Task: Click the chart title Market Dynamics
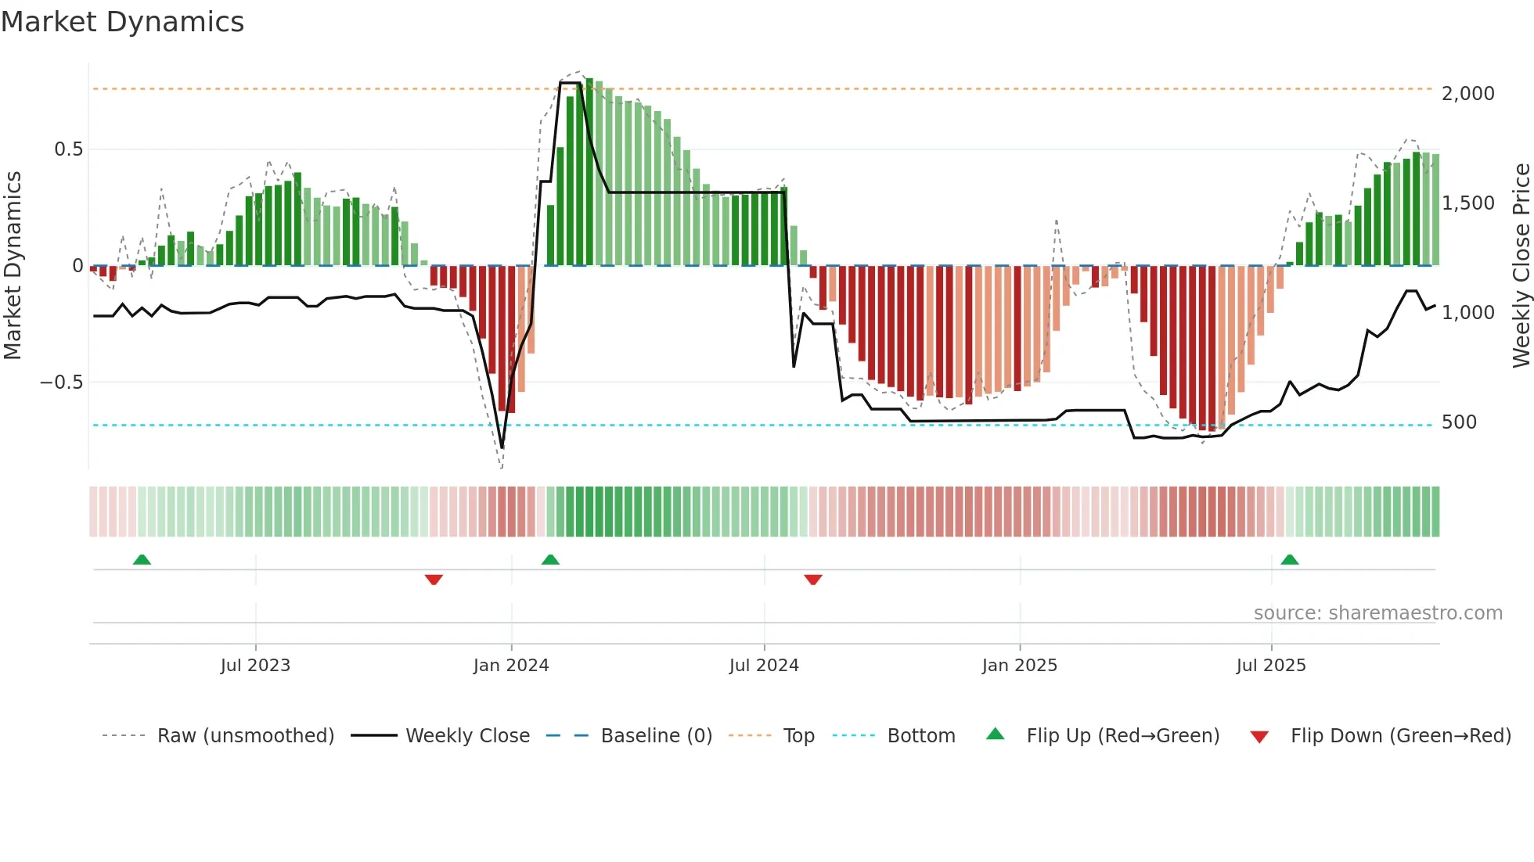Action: (x=122, y=22)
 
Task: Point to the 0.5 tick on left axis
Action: (x=68, y=149)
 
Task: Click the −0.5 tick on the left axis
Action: (x=61, y=383)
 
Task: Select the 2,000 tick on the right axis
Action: (x=1467, y=94)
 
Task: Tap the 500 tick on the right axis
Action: (x=1459, y=422)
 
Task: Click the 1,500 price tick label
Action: (x=1467, y=203)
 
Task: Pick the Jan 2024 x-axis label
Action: (x=511, y=666)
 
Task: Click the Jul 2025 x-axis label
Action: (x=1271, y=666)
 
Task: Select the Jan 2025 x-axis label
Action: (x=1019, y=666)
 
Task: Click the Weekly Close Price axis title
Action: (x=1521, y=266)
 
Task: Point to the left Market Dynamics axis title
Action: (x=13, y=266)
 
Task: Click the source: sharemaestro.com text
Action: (x=1377, y=613)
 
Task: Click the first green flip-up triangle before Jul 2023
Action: (x=142, y=560)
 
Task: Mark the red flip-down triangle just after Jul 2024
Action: (x=813, y=580)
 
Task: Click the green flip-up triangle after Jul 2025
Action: (x=1289, y=560)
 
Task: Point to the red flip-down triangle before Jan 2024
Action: (x=434, y=580)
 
